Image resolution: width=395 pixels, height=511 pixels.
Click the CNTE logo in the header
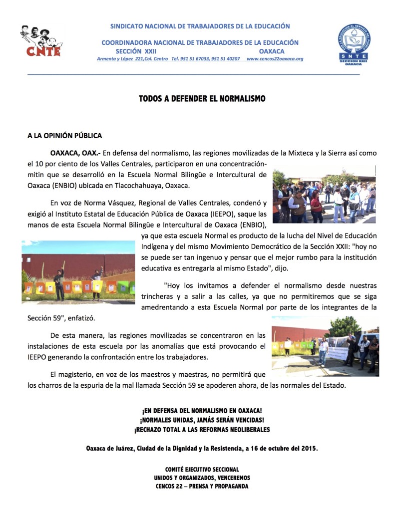(x=41, y=41)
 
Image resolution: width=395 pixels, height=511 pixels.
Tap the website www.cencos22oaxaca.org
(x=275, y=59)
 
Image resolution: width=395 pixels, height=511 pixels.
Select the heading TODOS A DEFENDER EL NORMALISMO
(x=202, y=99)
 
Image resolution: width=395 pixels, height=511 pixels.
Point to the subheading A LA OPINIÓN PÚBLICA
(x=65, y=135)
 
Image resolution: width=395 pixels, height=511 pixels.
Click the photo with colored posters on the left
(x=78, y=272)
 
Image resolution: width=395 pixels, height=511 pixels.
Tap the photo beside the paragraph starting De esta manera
(x=325, y=345)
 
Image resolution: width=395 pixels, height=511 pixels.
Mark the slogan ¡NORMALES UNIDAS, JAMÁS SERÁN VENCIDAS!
(x=202, y=420)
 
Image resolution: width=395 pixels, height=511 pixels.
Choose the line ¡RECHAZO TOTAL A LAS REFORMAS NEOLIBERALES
(x=202, y=430)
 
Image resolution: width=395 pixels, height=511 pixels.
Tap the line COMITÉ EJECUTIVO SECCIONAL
(x=202, y=470)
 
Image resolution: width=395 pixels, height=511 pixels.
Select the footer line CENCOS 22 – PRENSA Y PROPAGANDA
(x=202, y=487)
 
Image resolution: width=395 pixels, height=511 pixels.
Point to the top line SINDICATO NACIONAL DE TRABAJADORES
(x=200, y=26)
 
